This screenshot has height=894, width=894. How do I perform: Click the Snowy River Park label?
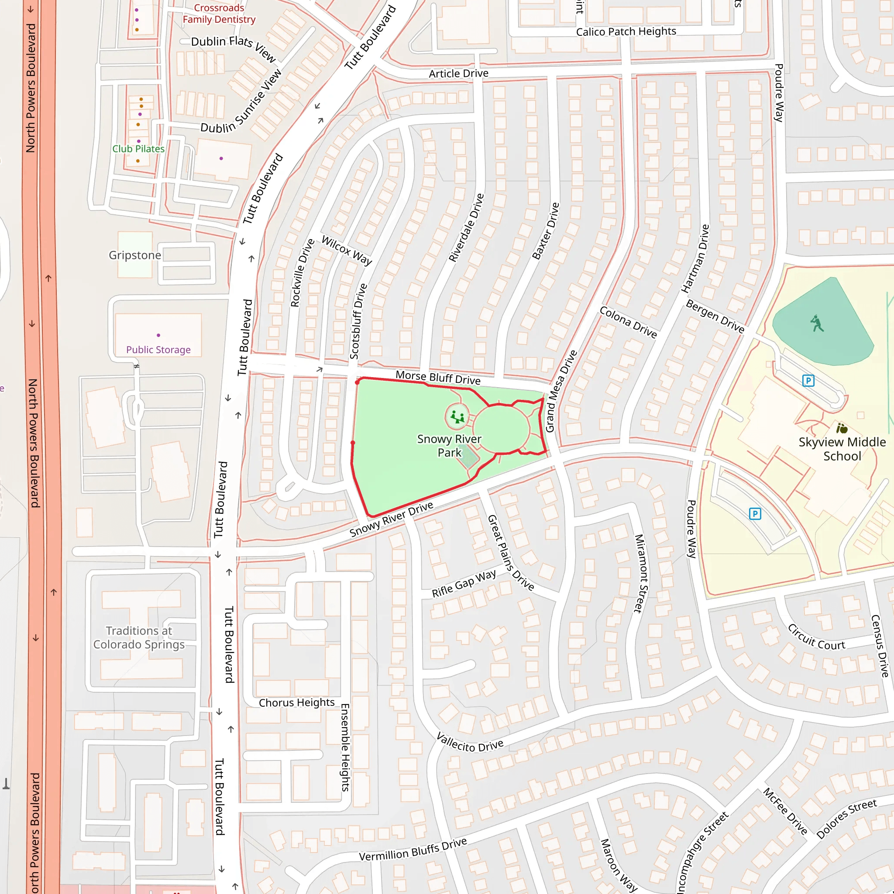(449, 446)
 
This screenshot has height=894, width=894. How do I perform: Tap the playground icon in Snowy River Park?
(457, 417)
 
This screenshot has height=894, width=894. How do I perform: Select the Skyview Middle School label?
(842, 449)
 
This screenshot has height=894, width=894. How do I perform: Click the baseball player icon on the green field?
(817, 323)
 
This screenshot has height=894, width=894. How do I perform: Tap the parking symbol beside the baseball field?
(808, 381)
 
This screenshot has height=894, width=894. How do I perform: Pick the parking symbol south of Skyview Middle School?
(755, 514)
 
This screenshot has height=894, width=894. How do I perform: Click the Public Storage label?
(158, 350)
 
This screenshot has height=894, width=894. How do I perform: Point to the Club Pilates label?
(138, 149)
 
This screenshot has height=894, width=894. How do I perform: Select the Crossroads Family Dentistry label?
(219, 14)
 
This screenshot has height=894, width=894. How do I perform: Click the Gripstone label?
(134, 255)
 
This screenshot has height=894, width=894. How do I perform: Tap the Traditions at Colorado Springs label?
(139, 637)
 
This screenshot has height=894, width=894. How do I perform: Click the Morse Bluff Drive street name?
(438, 378)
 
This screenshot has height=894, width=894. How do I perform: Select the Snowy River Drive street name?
(391, 519)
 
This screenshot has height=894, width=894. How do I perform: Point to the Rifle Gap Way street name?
(464, 584)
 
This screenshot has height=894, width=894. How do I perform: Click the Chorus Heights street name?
(296, 702)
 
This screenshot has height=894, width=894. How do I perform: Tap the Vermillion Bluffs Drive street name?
(413, 850)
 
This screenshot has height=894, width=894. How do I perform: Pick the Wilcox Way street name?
(347, 250)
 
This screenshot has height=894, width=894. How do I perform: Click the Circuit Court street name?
(816, 637)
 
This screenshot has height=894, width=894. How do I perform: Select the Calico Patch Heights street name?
(626, 31)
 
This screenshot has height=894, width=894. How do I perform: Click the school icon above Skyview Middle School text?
(842, 428)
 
